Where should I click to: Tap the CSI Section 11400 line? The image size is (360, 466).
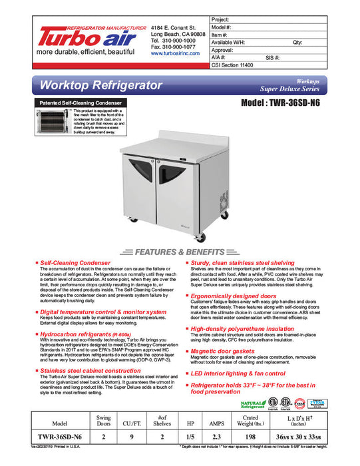coord(234,66)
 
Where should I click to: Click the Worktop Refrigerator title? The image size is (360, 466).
coord(101,86)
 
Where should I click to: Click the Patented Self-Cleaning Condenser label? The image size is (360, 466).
coord(79,103)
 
